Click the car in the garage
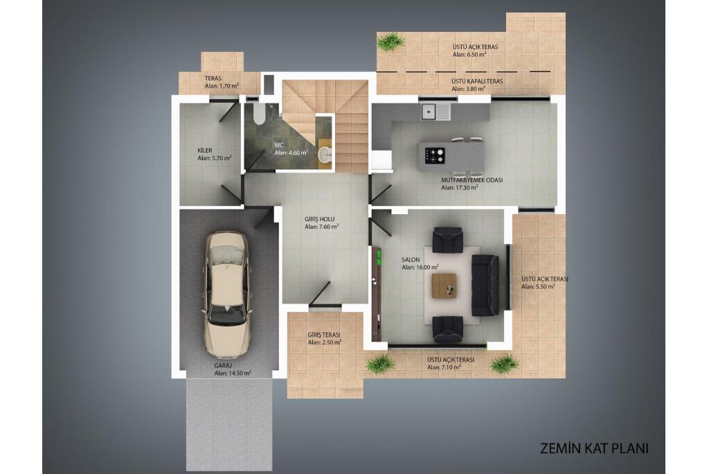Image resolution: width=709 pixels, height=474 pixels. point(226,295)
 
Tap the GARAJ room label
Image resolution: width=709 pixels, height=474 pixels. point(223,365)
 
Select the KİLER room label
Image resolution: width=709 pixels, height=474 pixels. point(204,150)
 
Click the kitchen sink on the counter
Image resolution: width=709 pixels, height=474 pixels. point(436,112)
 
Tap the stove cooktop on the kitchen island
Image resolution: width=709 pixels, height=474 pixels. point(435,155)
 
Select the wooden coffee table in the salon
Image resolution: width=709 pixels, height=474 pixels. point(444,286)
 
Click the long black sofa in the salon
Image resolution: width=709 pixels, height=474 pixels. point(485,286)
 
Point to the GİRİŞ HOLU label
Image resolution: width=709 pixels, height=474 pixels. point(319,219)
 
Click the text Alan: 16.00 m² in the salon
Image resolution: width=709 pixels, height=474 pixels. point(420,267)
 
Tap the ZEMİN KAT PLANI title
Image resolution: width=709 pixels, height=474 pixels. point(594,448)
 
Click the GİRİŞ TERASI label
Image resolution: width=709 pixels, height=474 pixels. point(324,335)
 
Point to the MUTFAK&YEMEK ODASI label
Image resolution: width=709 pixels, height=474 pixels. point(472,179)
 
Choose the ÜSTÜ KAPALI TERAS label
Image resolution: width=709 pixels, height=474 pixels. point(477,82)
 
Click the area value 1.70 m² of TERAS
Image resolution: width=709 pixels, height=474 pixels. point(229,85)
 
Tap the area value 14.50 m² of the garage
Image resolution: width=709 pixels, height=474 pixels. point(240,373)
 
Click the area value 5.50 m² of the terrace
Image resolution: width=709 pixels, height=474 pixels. point(546,287)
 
